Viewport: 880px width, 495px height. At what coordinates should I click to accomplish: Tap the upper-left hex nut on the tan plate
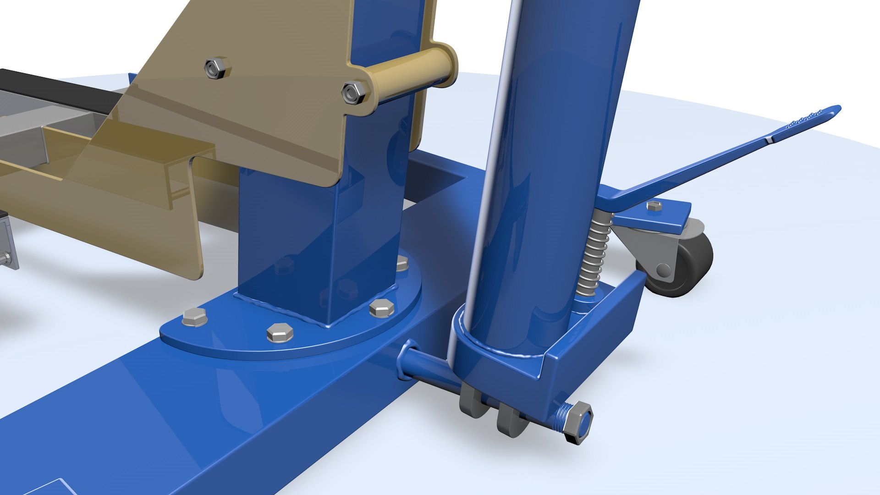tap(217, 68)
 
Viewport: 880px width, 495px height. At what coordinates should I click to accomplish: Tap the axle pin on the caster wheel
tap(663, 270)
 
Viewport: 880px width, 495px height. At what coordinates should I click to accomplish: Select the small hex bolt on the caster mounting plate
tap(654, 206)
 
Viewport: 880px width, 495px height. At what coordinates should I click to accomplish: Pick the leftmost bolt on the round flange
tap(194, 317)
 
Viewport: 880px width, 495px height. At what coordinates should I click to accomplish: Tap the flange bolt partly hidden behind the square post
tap(401, 263)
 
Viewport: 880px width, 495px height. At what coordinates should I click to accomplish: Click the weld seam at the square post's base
tap(321, 312)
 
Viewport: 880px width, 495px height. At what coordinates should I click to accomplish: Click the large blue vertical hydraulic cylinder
tap(550, 160)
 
